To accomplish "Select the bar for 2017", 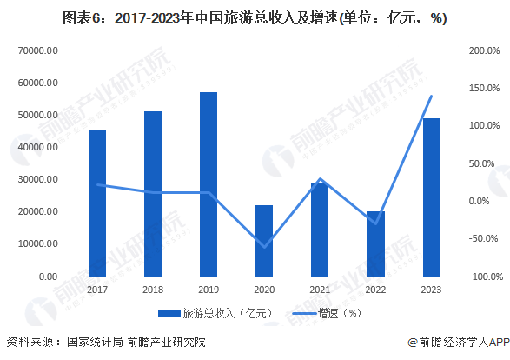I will point(97,203).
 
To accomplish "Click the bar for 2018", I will point(153,193).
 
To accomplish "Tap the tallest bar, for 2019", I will point(209,183).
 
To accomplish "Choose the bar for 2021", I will point(320,230).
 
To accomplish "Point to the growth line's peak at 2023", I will point(431,96).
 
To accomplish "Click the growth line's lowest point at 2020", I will point(264,247).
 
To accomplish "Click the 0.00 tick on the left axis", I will point(47,277).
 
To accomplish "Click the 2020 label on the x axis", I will point(264,290).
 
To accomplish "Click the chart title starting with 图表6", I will point(255,18).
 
